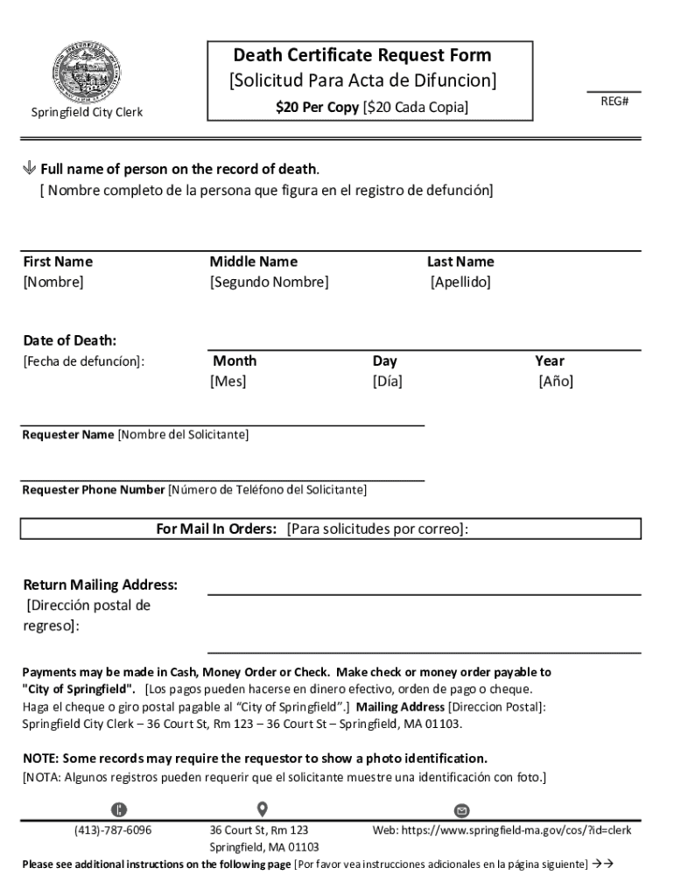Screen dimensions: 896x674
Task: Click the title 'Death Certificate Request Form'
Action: point(362,55)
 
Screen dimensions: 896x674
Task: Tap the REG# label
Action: point(614,101)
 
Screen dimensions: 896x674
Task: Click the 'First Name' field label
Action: point(58,262)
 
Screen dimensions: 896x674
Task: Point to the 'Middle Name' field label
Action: point(253,262)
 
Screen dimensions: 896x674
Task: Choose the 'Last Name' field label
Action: point(460,262)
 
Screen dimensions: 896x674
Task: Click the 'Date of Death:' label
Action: point(69,340)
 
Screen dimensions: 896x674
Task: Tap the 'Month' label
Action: point(235,360)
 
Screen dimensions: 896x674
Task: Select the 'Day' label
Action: point(384,360)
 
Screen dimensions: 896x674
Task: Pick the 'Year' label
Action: point(550,360)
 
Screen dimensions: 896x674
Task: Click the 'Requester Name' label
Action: point(68,435)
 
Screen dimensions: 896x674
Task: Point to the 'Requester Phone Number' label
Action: point(94,490)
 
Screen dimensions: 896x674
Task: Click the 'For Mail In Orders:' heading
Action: point(216,529)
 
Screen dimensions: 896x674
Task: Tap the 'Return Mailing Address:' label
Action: point(100,584)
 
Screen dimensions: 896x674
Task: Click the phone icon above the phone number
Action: point(119,808)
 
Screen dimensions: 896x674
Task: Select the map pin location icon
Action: point(262,808)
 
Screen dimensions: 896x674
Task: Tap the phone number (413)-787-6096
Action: point(113,829)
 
